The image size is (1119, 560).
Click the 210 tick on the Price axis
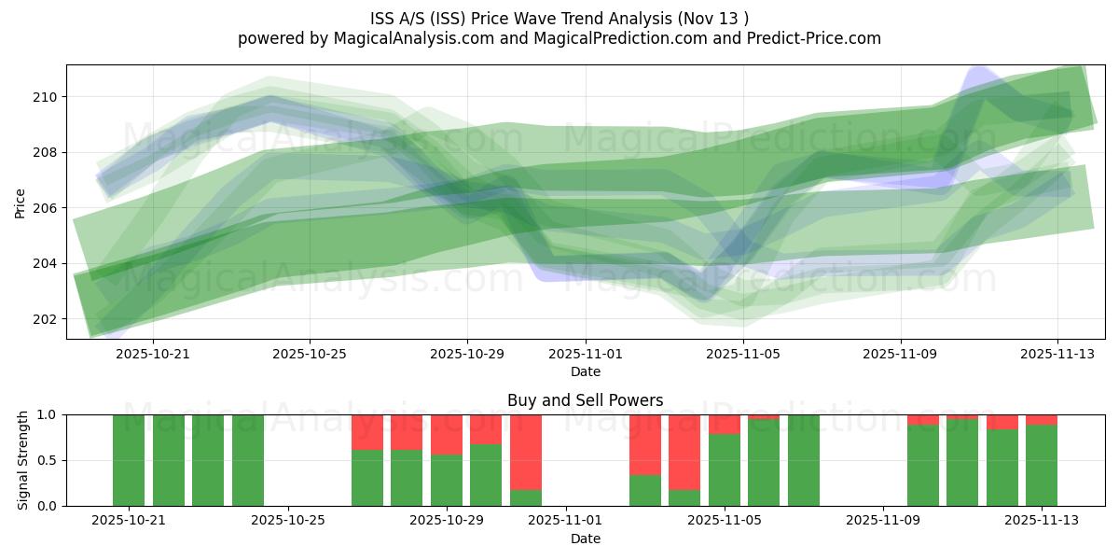(x=44, y=97)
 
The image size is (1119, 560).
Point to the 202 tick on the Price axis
(x=44, y=319)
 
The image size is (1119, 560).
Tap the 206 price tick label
(x=44, y=208)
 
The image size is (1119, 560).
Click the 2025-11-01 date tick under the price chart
(x=586, y=355)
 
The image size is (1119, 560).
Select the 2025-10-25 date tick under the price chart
(x=310, y=355)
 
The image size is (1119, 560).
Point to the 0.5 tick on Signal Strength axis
(x=48, y=460)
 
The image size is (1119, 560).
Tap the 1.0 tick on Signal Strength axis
(x=48, y=414)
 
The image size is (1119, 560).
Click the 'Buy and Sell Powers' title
(x=585, y=400)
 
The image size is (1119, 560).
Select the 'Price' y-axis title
(x=21, y=202)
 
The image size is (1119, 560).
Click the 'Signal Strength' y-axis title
(x=23, y=460)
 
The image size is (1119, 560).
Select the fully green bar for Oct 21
(x=129, y=460)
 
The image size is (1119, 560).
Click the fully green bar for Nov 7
(x=804, y=460)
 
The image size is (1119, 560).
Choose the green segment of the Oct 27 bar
(x=367, y=478)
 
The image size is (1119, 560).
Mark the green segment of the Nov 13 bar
(x=1042, y=465)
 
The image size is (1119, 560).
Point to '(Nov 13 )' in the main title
(x=714, y=18)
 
